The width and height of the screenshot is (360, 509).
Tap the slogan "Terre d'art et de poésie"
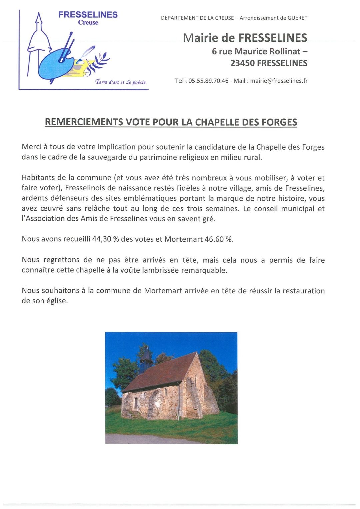click(x=120, y=82)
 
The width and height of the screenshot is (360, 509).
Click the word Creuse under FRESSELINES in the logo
click(x=88, y=23)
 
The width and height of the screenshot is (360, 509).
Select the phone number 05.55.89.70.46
click(x=208, y=81)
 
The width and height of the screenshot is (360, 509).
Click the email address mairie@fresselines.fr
click(x=279, y=81)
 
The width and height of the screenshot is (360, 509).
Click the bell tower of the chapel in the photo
click(x=146, y=358)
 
